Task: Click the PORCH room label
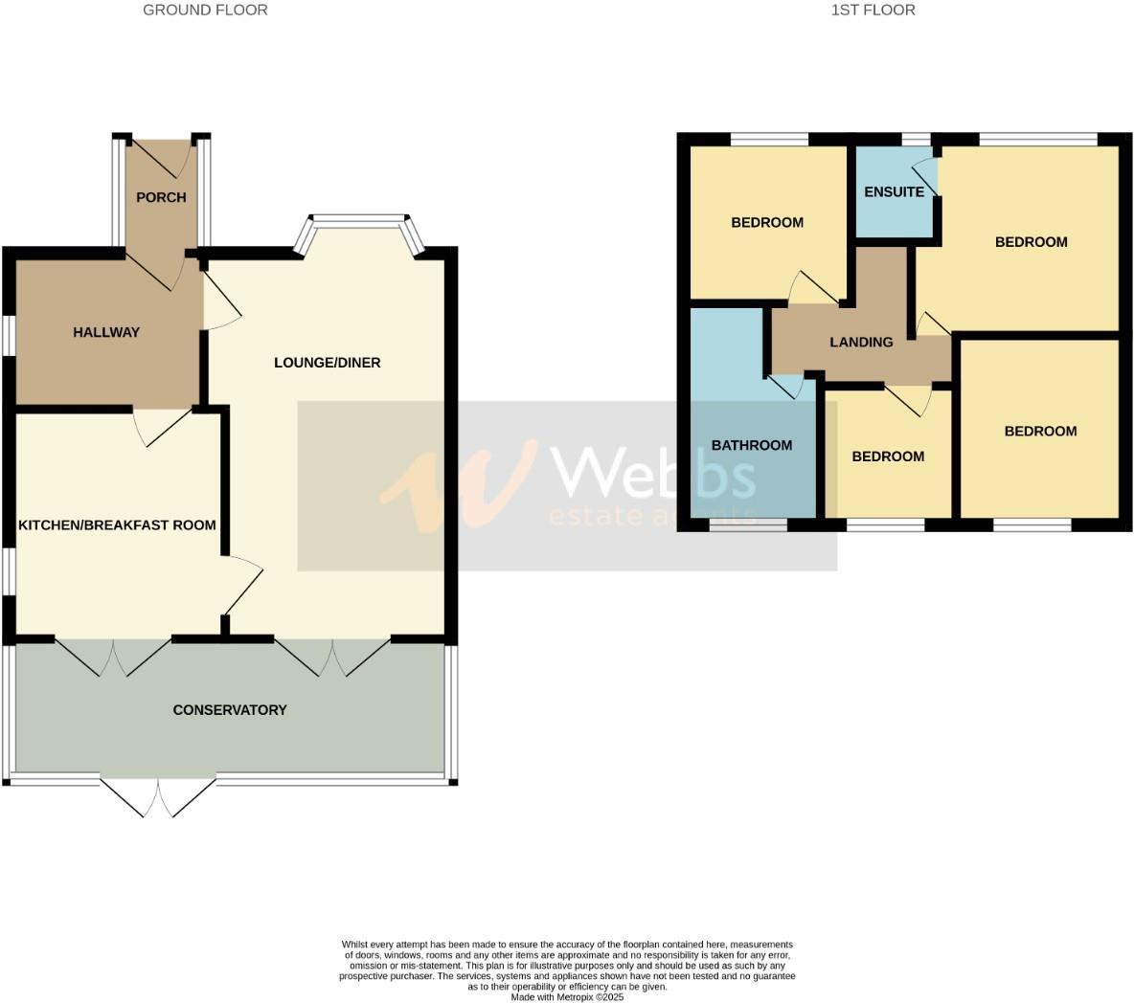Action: (161, 198)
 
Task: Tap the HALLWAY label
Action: (106, 333)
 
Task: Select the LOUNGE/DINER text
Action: (328, 363)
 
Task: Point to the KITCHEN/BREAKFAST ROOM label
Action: (117, 525)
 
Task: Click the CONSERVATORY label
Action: (230, 710)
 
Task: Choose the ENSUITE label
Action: (894, 192)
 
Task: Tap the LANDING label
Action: (861, 343)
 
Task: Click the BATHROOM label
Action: (752, 446)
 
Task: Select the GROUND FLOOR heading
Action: (205, 11)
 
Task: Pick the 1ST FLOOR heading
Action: (873, 11)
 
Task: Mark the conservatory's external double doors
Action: (158, 797)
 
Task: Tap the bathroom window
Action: (748, 524)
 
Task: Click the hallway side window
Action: (8, 336)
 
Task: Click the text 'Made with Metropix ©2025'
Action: (567, 996)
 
